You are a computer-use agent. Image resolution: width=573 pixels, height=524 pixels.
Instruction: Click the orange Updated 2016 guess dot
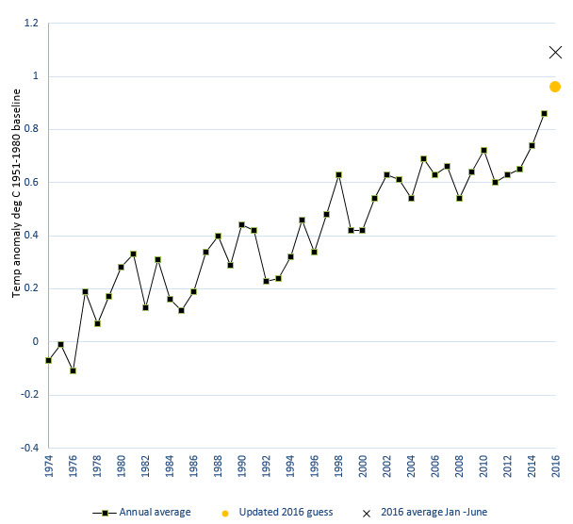click(555, 87)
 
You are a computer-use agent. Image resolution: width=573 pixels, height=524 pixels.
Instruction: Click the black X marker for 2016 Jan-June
click(556, 52)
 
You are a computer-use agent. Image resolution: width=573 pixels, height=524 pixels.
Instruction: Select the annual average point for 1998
click(338, 174)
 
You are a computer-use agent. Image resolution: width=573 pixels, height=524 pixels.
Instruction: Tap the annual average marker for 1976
click(73, 370)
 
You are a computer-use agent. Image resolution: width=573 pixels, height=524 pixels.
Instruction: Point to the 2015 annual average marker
click(544, 113)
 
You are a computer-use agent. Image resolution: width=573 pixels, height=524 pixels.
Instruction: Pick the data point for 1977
click(85, 291)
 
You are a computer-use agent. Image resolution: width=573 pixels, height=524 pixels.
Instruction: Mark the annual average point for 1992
click(266, 281)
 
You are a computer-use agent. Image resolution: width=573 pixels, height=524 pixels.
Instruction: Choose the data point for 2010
click(483, 150)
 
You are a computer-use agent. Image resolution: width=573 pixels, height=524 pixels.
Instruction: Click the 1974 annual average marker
click(48, 360)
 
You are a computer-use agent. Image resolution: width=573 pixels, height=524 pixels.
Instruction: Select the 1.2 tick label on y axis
click(30, 23)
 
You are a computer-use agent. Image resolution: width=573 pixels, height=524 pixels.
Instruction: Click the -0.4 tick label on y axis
click(28, 448)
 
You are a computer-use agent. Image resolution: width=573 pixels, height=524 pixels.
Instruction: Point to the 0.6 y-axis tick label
click(30, 182)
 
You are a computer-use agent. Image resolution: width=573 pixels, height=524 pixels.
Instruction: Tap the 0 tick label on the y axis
click(36, 341)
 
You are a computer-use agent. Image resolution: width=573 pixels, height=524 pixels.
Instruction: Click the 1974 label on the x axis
click(48, 467)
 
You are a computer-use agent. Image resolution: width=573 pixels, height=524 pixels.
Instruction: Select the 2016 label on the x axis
click(556, 467)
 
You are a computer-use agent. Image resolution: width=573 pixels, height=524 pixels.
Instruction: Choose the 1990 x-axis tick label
click(241, 467)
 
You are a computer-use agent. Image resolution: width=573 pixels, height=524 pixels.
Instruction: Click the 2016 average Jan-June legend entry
click(428, 512)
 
